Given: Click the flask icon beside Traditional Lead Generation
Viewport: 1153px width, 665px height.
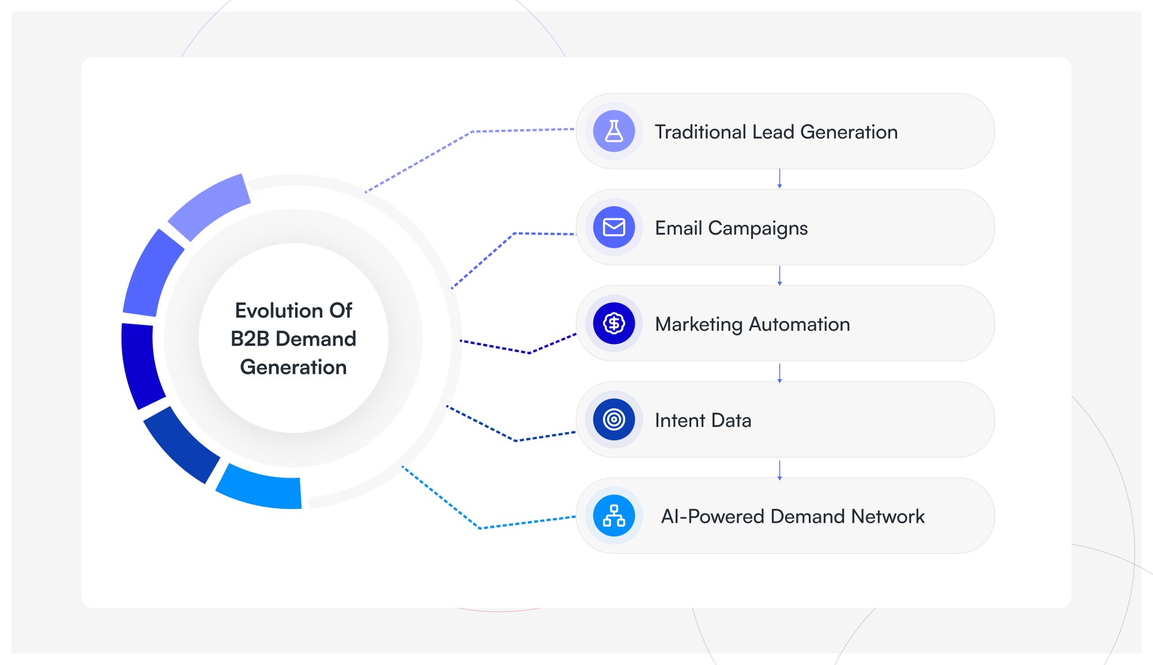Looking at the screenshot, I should coord(614,131).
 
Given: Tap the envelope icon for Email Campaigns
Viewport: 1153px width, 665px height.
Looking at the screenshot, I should coord(614,228).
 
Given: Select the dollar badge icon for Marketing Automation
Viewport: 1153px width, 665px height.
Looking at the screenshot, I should coord(614,323).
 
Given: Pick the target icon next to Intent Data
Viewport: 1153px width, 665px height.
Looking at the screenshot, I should coord(614,420).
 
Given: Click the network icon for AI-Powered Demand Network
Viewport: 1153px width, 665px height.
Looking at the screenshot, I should coord(614,516).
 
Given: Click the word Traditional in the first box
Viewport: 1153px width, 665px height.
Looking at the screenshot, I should coord(700,132).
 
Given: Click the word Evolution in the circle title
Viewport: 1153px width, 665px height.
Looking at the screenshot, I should coord(279,311).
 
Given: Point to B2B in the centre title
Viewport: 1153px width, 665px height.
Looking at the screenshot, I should coord(250,339).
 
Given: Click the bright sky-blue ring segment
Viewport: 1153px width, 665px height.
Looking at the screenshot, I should coord(260,487).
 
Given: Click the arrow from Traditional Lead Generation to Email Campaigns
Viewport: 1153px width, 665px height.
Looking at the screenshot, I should coord(779,179).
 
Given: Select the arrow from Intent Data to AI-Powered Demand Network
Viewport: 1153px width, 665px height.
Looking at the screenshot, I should coord(779,470).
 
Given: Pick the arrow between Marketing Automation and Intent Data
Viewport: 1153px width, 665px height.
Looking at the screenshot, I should coord(779,373).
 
